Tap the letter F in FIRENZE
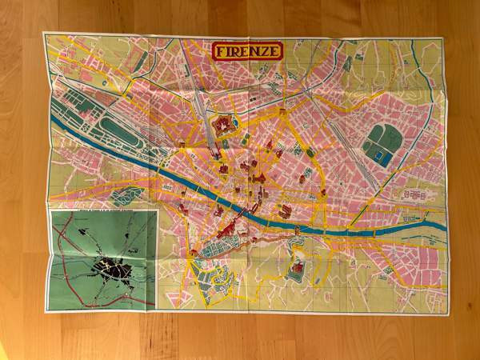point(221,52)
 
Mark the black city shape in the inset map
point(112,270)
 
